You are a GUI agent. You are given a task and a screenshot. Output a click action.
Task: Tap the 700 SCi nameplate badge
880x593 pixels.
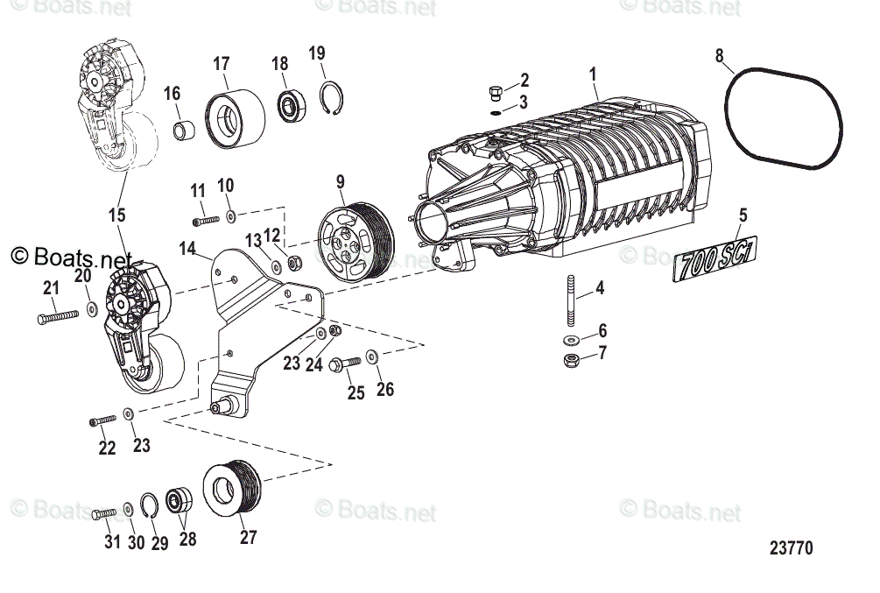tap(716, 260)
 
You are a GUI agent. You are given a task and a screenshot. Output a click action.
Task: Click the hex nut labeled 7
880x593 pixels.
tap(570, 359)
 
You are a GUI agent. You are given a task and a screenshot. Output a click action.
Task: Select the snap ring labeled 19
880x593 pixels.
tap(330, 98)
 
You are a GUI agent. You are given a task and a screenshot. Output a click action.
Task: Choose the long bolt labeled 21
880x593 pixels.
tap(59, 315)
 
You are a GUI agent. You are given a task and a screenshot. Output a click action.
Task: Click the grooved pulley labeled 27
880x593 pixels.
tap(233, 492)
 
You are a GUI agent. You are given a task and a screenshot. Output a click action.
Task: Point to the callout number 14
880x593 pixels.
tap(187, 248)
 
